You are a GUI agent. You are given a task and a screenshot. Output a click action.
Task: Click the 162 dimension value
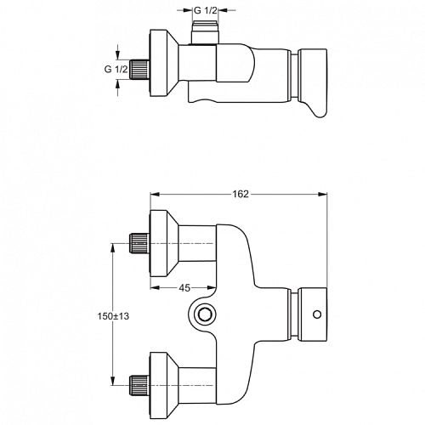[241, 194]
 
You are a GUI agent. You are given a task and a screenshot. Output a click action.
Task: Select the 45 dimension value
[184, 288]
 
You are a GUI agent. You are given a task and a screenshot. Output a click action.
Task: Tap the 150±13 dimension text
[113, 316]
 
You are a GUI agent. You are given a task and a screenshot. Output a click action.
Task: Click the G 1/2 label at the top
[206, 10]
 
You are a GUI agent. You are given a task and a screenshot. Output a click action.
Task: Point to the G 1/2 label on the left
[116, 69]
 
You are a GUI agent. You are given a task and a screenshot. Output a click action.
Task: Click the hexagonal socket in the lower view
[202, 314]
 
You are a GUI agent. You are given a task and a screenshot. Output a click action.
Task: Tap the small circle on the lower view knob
[317, 314]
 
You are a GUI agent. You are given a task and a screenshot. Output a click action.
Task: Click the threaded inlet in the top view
[139, 70]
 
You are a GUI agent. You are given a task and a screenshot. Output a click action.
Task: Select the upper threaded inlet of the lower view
[139, 243]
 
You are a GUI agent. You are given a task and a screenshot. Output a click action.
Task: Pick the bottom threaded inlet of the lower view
[139, 385]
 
